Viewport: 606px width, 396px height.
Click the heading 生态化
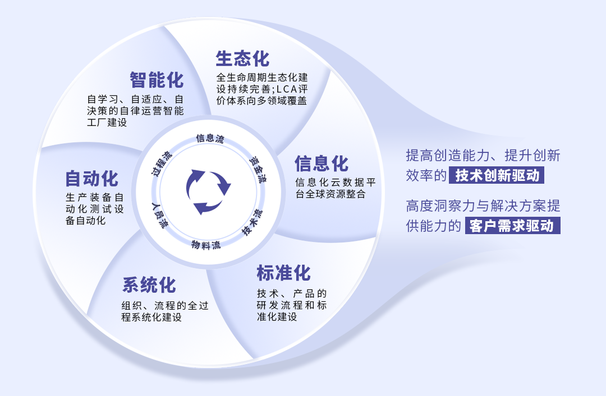pos(242,59)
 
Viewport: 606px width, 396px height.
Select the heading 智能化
pos(157,80)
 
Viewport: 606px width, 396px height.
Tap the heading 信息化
pos(322,164)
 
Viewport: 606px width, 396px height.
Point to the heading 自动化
pos(92,179)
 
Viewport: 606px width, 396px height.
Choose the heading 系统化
pos(149,285)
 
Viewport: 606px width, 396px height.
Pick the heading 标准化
pos(283,273)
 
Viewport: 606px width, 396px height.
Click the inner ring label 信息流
pos(209,138)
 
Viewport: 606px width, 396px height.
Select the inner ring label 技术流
pos(252,222)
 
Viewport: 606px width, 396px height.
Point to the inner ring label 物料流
pos(206,245)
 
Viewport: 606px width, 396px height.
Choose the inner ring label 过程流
pos(162,163)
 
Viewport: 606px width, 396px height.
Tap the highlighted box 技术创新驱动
pos(497,175)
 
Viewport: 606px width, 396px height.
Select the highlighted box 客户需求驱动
pos(513,226)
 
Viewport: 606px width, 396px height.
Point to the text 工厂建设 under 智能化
pos(107,122)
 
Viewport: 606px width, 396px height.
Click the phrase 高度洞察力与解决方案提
pos(483,206)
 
